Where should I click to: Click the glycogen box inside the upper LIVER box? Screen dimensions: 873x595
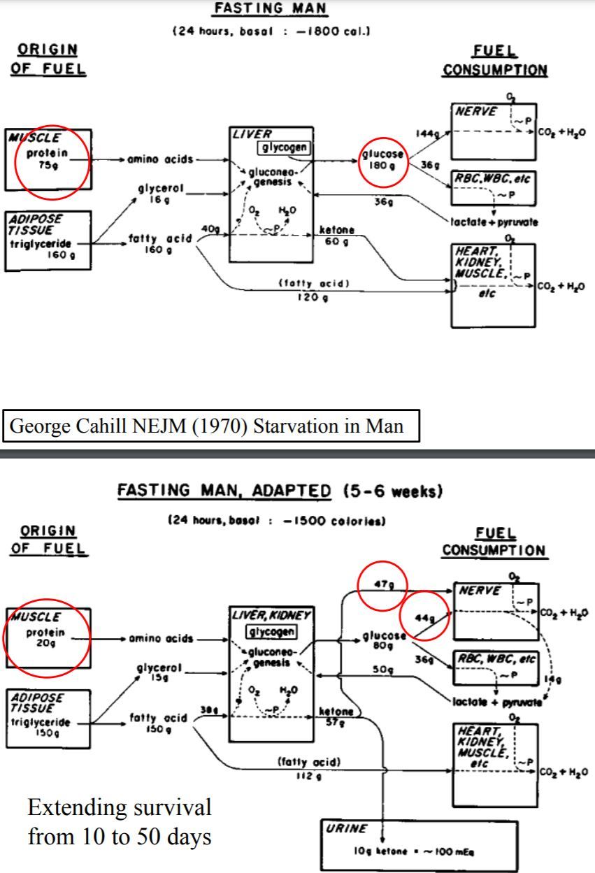285,147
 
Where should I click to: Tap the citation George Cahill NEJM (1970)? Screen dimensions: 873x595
210,425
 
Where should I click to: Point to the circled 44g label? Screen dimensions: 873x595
422,618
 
